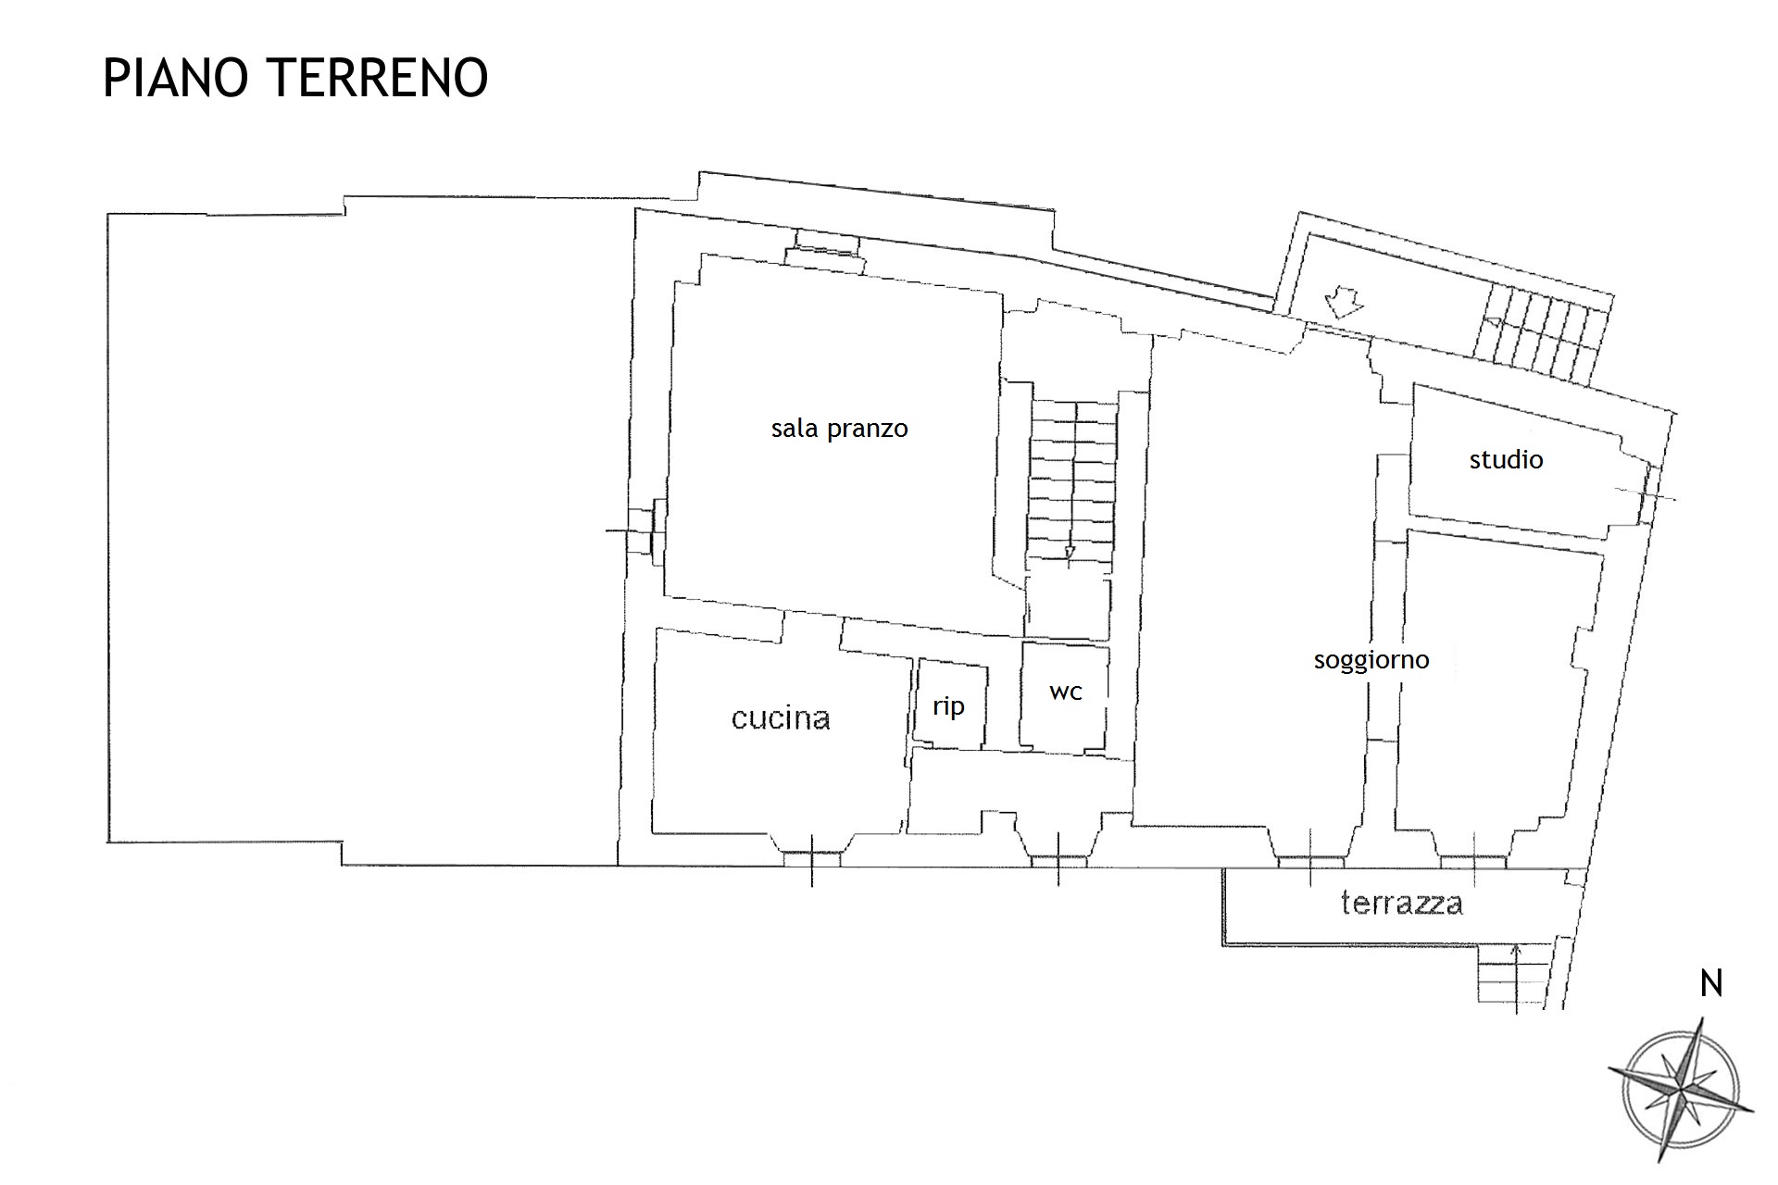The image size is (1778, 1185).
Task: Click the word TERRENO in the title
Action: click(379, 78)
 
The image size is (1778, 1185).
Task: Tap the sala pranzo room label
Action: click(839, 429)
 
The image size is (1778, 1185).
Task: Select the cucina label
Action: click(781, 718)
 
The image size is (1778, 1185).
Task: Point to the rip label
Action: click(948, 706)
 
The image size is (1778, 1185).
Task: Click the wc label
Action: click(1066, 692)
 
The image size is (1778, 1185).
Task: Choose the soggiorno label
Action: click(1371, 660)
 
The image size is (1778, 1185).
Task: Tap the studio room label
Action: click(1506, 459)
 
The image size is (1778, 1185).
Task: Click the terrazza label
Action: click(1402, 903)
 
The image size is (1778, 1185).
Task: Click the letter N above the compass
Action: click(1711, 984)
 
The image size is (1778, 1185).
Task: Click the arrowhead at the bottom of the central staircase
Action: click(1071, 553)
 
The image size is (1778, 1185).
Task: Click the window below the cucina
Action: click(812, 859)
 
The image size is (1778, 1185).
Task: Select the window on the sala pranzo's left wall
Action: click(643, 530)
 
